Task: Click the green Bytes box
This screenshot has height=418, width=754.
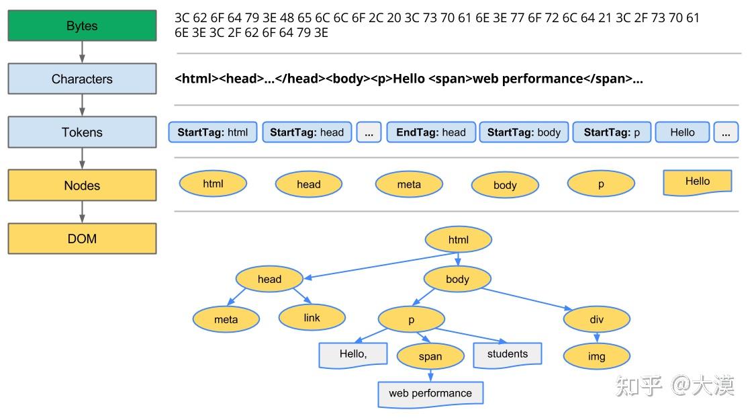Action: (x=82, y=26)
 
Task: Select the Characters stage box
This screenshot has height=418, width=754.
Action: (x=82, y=79)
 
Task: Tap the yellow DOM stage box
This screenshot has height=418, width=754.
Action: (x=82, y=239)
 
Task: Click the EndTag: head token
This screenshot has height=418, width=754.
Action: (x=430, y=132)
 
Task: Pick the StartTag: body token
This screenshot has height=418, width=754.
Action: (x=524, y=132)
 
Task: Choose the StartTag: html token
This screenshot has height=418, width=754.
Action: (x=213, y=132)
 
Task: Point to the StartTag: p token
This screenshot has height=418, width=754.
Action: (x=612, y=132)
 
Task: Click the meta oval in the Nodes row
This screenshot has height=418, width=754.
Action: (x=409, y=184)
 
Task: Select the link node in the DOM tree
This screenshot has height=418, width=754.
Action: (x=312, y=318)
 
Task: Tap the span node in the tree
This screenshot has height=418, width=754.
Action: (x=430, y=357)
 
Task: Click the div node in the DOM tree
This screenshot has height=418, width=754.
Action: (x=596, y=319)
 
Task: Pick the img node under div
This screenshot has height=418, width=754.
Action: (x=596, y=356)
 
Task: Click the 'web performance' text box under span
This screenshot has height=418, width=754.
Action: (x=430, y=394)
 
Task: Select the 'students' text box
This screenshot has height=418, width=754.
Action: (x=507, y=355)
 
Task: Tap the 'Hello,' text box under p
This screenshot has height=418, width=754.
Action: (x=353, y=355)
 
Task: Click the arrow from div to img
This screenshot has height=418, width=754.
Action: (x=596, y=338)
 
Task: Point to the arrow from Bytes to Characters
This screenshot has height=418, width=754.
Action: (x=82, y=52)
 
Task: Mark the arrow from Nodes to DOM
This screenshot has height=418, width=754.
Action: (x=82, y=212)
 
